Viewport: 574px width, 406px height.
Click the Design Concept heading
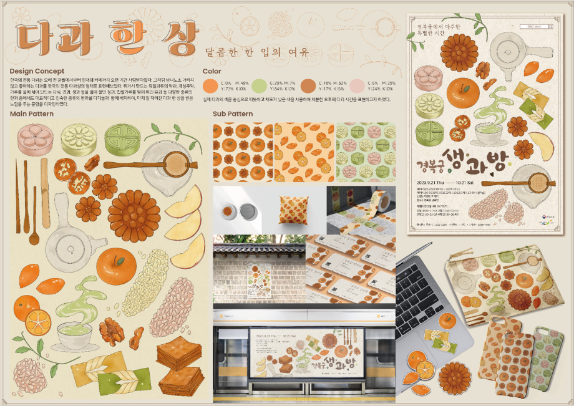click(37, 72)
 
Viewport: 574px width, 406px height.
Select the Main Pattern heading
click(32, 114)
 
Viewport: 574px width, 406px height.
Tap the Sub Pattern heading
click(233, 114)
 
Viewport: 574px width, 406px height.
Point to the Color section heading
click(212, 72)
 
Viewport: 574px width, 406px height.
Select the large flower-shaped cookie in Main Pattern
click(134, 216)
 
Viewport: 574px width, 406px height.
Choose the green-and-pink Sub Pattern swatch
click(366, 152)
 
